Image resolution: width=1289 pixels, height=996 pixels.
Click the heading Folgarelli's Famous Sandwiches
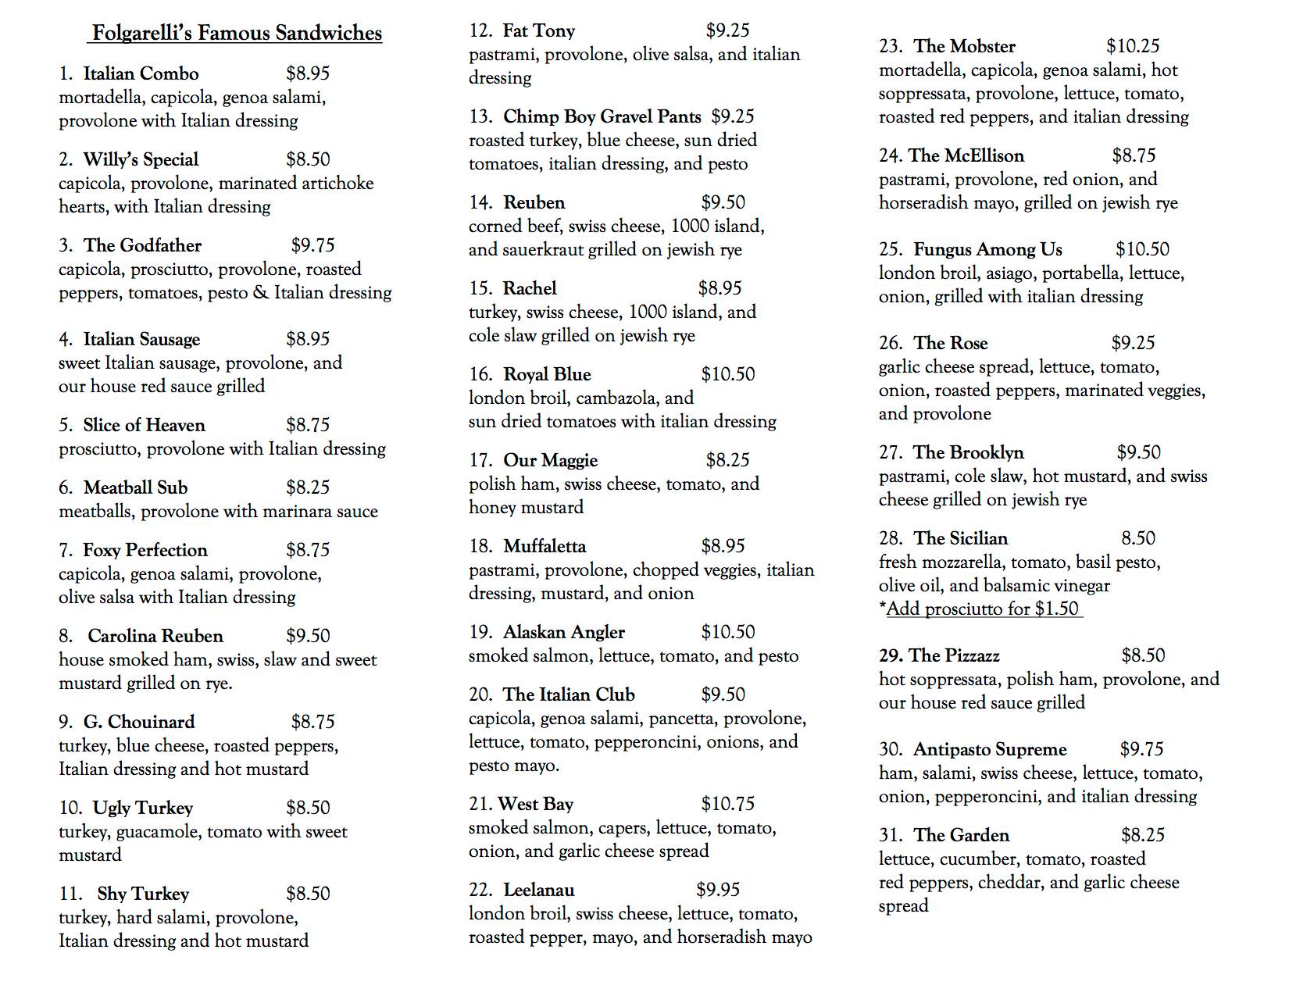tap(237, 34)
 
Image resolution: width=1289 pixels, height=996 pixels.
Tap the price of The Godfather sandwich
tap(312, 245)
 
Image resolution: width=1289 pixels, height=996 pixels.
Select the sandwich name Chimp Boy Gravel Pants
tap(602, 117)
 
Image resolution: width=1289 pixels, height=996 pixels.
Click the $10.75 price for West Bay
tap(727, 804)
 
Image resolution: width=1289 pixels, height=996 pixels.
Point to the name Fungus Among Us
tap(987, 250)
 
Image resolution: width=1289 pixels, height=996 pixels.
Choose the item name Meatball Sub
tap(135, 488)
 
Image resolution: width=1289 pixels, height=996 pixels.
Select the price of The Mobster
tap(1133, 47)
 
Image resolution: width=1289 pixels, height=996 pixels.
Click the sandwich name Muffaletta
tap(545, 547)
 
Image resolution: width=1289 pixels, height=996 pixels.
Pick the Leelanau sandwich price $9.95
tap(718, 890)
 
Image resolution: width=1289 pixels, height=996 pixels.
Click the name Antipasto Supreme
tap(990, 750)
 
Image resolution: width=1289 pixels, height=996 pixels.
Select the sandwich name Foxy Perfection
tap(145, 551)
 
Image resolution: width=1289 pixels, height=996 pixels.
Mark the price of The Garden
tap(1142, 836)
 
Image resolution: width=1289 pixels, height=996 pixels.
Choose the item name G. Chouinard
tap(139, 723)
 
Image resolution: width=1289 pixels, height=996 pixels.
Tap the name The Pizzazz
tap(954, 656)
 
